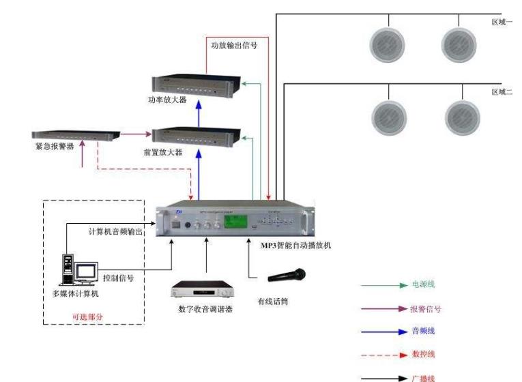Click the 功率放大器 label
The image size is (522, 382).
(167, 100)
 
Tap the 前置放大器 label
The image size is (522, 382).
(167, 152)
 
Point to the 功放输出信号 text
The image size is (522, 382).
(235, 46)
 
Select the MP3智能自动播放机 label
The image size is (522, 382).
(295, 245)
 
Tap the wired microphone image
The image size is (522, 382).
(287, 275)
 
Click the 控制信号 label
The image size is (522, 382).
(118, 278)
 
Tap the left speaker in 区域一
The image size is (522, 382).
(387, 44)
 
